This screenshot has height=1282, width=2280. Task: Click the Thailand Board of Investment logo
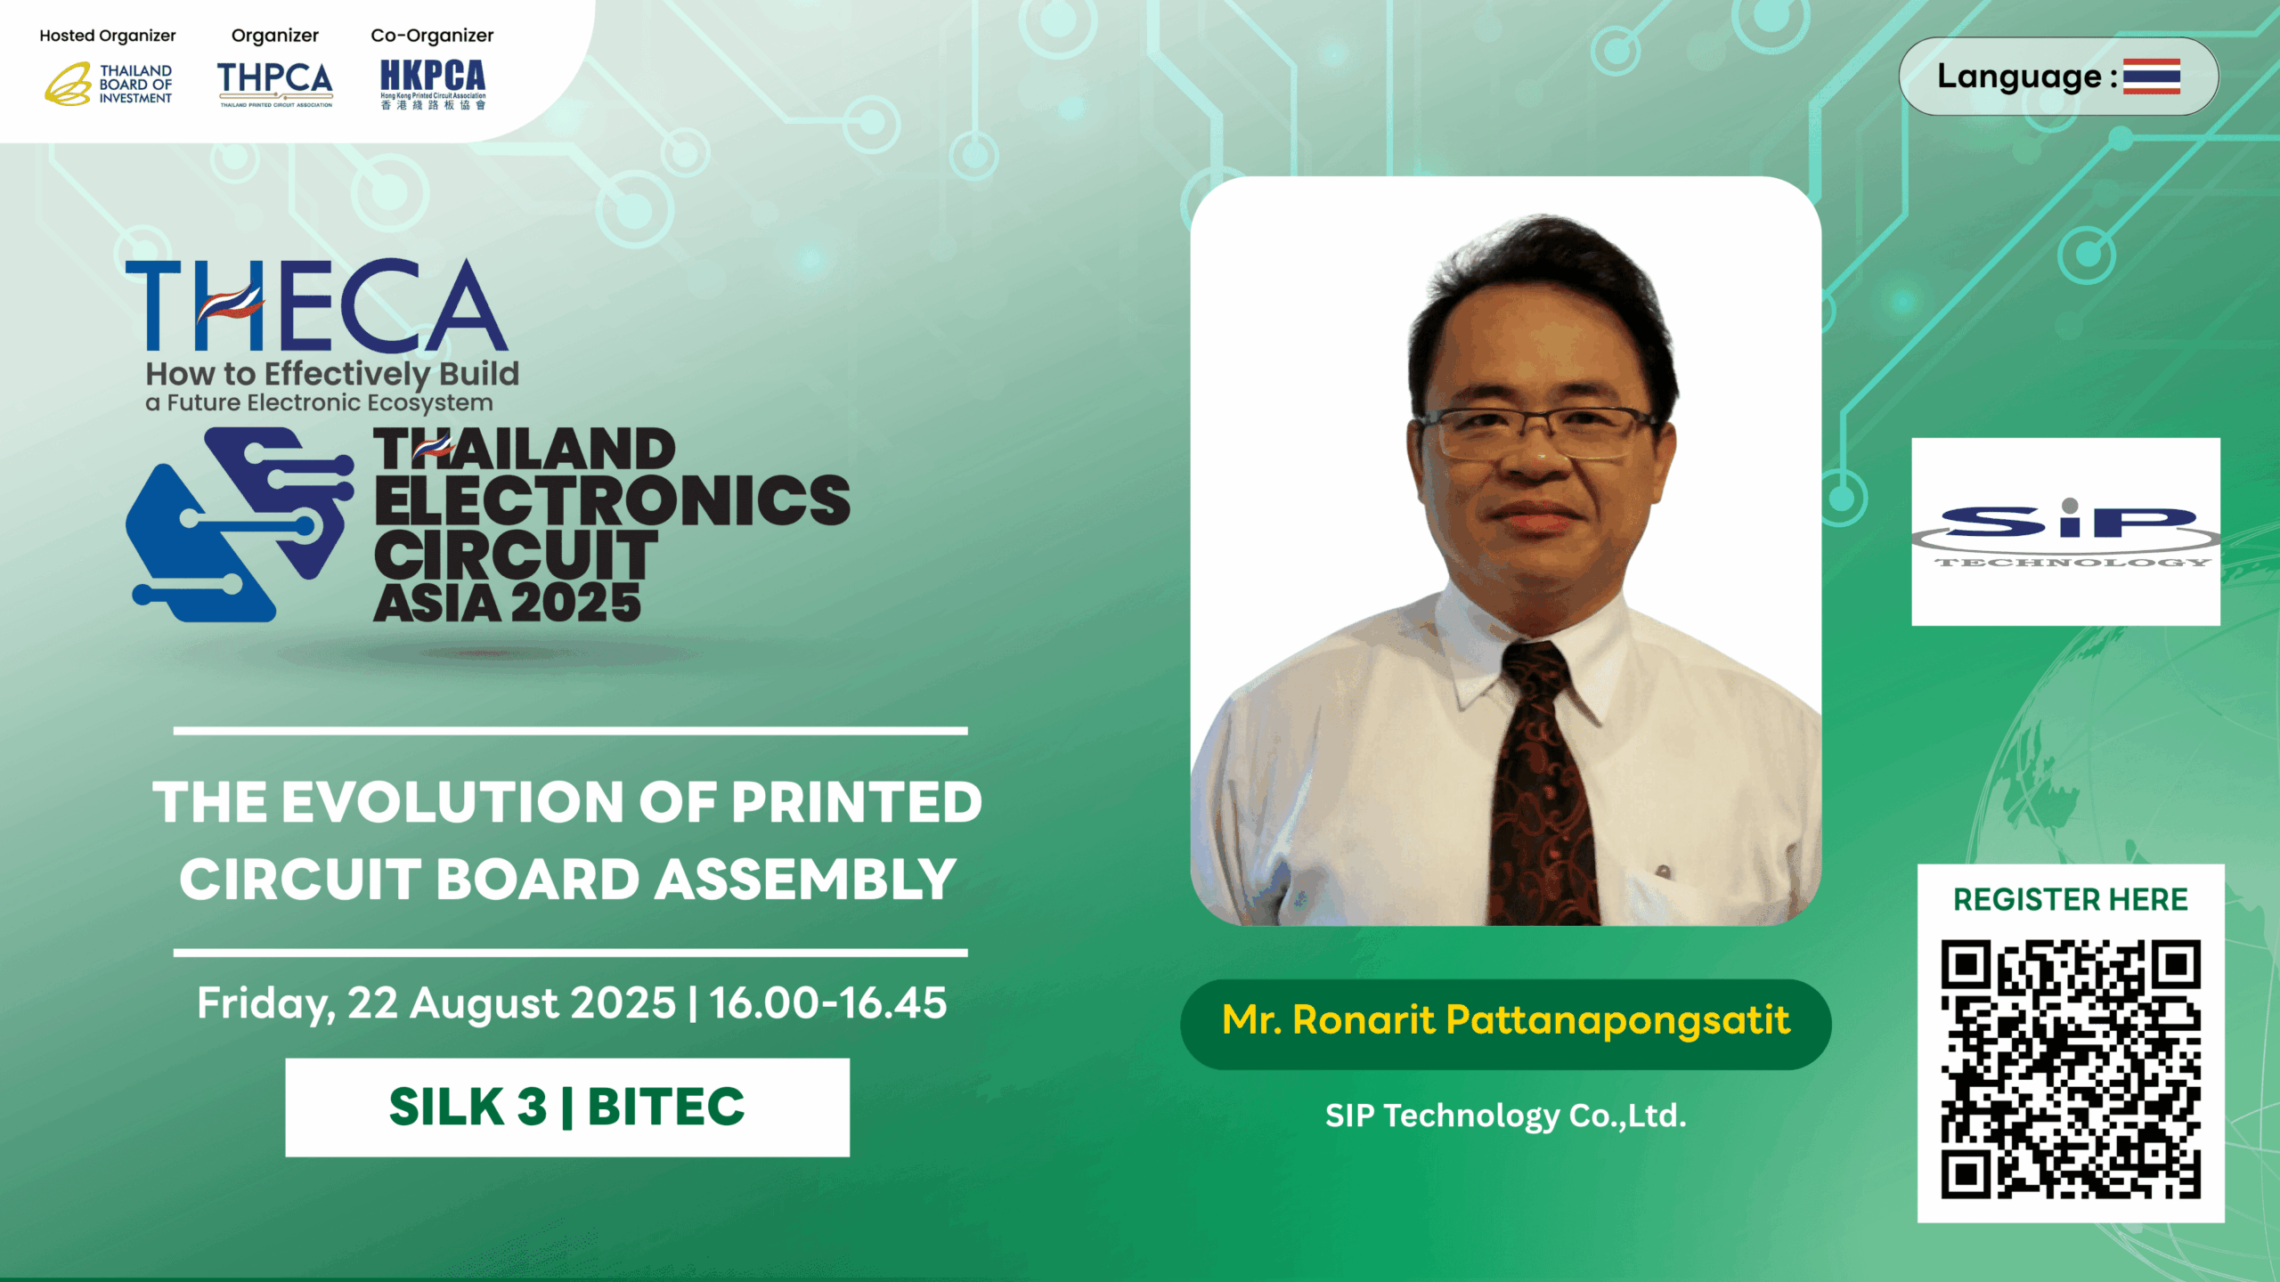[109, 84]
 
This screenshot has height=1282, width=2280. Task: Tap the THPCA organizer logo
[275, 84]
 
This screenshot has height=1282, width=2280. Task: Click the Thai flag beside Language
[2151, 77]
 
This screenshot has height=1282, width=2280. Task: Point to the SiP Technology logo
[2066, 531]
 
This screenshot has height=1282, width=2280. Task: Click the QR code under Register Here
[2071, 1069]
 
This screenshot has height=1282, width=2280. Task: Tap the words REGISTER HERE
[2071, 899]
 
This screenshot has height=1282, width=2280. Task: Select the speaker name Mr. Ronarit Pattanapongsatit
[1505, 1020]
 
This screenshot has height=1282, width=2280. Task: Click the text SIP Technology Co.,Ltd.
[1506, 1116]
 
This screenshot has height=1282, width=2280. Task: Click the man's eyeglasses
[1539, 432]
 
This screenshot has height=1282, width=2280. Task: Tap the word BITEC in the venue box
[666, 1107]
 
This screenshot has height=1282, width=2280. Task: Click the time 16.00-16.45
[828, 1002]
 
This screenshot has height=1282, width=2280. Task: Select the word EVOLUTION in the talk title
[454, 802]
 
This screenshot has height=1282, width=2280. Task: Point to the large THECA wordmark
[317, 305]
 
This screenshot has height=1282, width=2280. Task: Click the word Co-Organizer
[432, 36]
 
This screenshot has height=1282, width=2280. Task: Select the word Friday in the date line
[265, 1004]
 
